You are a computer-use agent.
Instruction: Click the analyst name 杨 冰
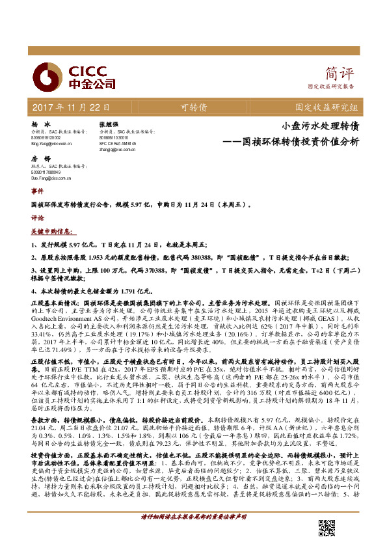[x=40, y=124]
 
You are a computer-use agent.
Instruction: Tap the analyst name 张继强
[x=108, y=124]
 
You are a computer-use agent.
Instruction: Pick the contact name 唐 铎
[x=40, y=159]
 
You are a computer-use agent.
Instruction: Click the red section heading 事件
[x=37, y=192]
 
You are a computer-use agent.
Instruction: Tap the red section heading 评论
[x=37, y=219]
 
